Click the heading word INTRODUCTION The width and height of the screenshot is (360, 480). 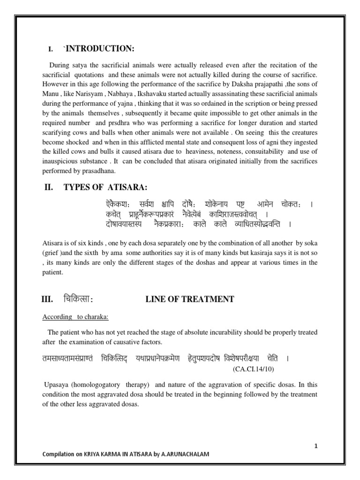[x=99, y=49]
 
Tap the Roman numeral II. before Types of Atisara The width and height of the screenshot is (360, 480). [x=49, y=187]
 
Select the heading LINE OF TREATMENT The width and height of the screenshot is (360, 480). [x=190, y=299]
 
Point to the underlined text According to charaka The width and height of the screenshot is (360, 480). [x=75, y=317]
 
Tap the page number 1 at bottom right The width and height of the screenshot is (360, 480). [x=316, y=446]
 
